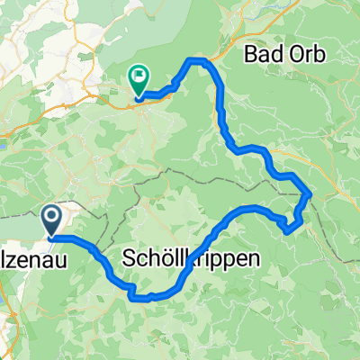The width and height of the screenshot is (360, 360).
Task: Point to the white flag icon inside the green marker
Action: (x=139, y=76)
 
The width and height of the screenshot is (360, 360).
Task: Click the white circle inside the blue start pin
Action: (x=51, y=215)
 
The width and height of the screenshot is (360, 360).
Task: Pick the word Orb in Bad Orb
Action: (x=301, y=55)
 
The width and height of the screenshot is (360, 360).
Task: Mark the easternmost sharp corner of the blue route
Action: (x=311, y=192)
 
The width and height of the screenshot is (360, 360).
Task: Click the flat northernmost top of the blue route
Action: (x=198, y=59)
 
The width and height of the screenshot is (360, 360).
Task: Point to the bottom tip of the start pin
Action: (x=51, y=236)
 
